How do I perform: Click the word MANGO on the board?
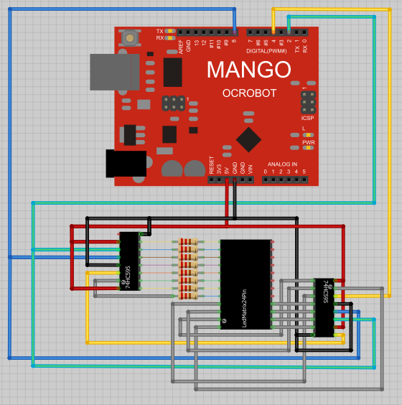click(x=248, y=70)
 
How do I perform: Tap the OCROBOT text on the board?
click(x=249, y=93)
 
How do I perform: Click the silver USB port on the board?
click(x=113, y=72)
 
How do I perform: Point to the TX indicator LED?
click(x=170, y=31)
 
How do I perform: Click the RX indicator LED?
click(x=170, y=38)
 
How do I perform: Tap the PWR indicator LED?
click(x=309, y=148)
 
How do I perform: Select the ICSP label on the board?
click(x=307, y=118)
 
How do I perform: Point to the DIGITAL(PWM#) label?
click(x=266, y=51)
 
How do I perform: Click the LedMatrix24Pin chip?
click(x=246, y=284)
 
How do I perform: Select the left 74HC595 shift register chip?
click(x=129, y=261)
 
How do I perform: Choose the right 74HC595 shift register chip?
click(x=324, y=307)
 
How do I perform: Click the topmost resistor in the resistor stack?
click(x=188, y=241)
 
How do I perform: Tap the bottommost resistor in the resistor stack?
click(x=188, y=295)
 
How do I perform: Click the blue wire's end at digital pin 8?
click(x=235, y=32)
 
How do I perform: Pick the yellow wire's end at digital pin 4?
click(x=273, y=32)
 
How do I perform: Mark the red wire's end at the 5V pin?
click(x=228, y=180)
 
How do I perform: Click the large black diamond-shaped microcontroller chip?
click(x=248, y=139)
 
